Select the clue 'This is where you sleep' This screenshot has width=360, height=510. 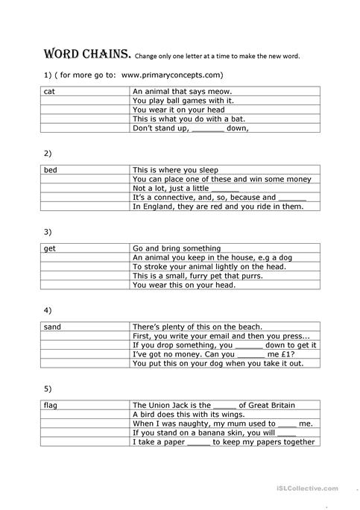[175, 170]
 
